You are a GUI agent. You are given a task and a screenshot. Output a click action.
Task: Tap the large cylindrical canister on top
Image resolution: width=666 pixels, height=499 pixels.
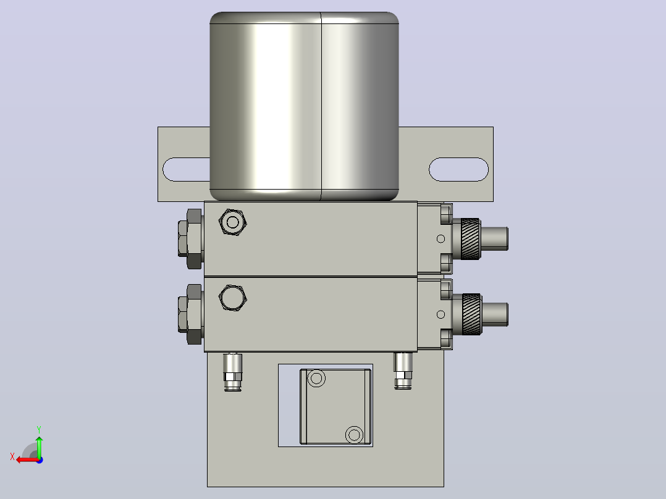point(304,106)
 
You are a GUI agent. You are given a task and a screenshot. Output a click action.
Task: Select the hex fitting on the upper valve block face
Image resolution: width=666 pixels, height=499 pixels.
point(233,222)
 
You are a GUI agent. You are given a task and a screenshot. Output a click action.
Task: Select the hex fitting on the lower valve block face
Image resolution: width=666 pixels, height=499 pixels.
point(233,298)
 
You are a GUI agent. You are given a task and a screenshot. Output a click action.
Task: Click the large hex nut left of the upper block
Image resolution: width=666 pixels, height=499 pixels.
point(191,238)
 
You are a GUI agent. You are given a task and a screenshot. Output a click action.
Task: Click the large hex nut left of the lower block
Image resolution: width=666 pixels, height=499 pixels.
point(191,314)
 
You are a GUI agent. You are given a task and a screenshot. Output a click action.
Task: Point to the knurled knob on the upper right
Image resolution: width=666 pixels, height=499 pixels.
point(470,238)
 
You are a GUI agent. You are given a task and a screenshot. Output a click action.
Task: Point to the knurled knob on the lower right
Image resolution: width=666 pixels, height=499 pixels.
point(471,314)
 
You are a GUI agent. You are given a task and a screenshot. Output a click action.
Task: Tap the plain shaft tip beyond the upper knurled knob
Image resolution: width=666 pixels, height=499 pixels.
point(494,238)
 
